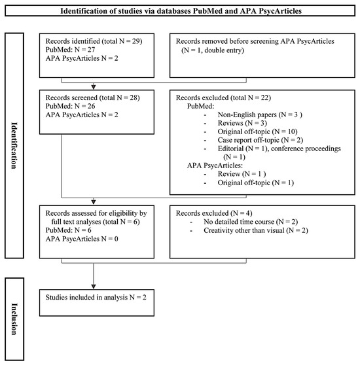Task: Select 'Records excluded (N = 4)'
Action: tap(213, 212)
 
